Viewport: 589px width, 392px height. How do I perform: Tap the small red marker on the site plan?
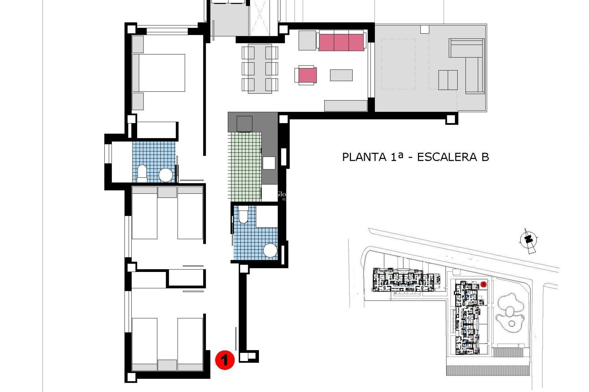[483, 285]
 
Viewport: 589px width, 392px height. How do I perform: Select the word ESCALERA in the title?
[447, 157]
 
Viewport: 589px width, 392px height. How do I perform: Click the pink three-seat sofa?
[341, 42]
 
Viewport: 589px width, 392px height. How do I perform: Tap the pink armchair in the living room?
[307, 75]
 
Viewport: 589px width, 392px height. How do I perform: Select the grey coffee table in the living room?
[341, 75]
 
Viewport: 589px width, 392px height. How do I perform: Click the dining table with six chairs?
[260, 68]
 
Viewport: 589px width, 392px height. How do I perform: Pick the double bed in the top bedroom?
[162, 73]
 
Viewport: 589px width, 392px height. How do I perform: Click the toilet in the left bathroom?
[142, 172]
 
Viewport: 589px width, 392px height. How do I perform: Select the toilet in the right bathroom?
[243, 214]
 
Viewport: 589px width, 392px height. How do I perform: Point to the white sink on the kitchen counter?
[269, 163]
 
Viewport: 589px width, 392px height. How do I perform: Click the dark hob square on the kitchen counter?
[244, 124]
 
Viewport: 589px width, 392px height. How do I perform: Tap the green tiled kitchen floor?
[244, 167]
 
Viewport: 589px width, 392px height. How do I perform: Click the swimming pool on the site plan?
[509, 312]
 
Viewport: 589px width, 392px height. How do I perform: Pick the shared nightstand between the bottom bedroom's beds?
[167, 365]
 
